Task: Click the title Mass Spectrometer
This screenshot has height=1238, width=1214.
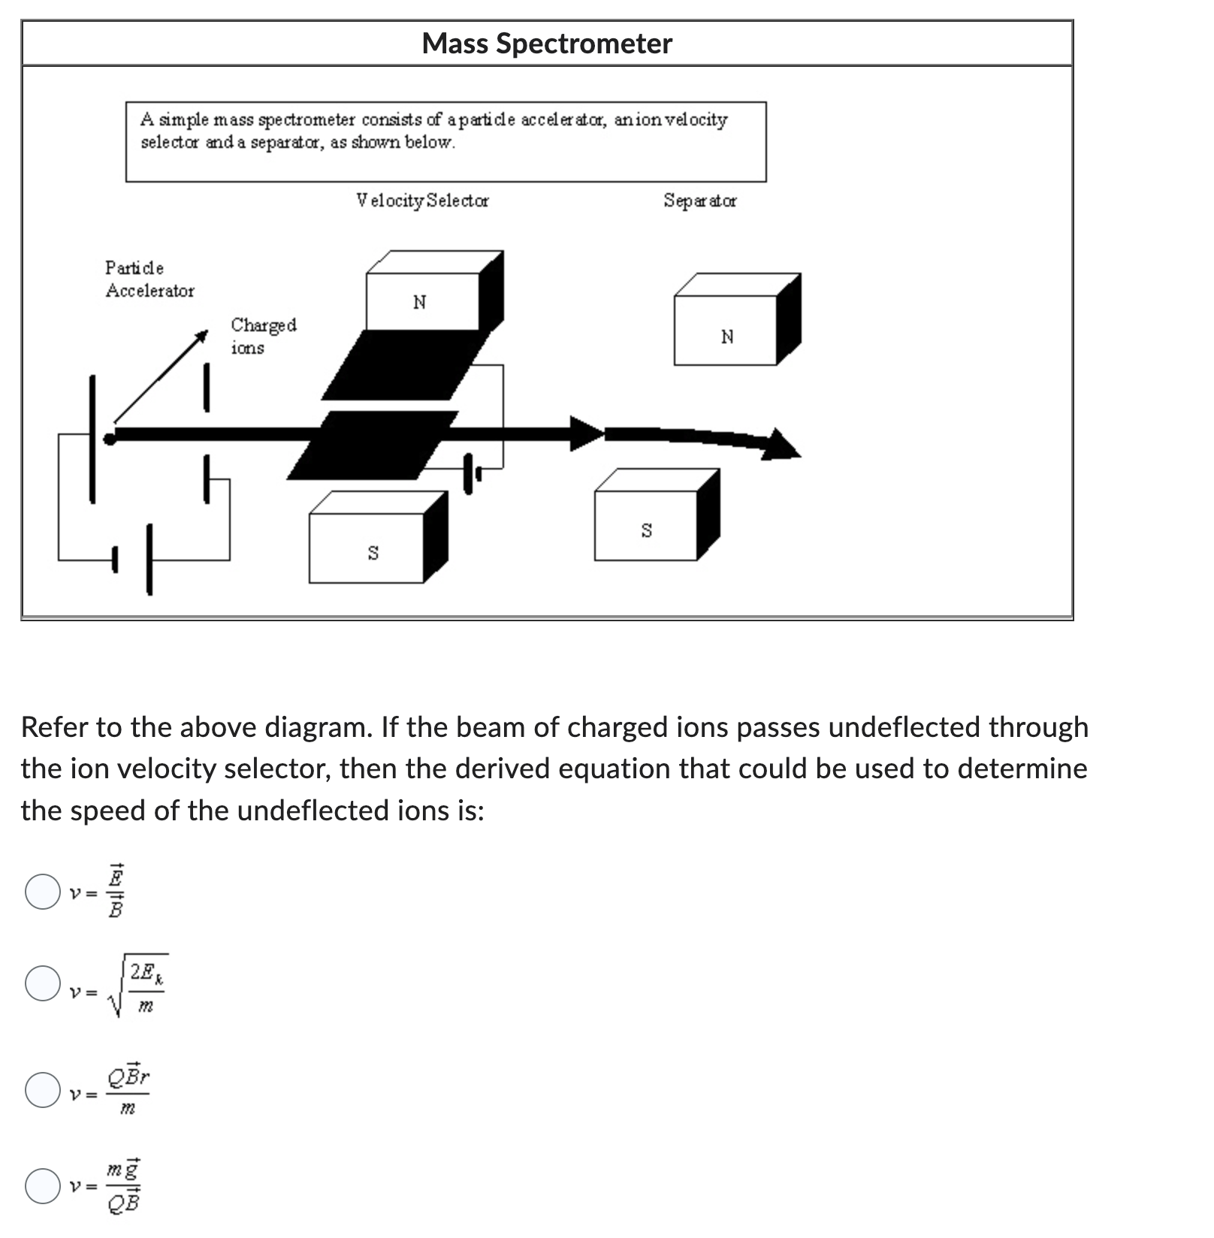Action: click(546, 44)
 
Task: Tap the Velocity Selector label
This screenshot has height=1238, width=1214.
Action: click(422, 201)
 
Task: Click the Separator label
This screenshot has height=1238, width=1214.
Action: click(699, 201)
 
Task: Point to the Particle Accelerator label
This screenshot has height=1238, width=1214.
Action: click(149, 279)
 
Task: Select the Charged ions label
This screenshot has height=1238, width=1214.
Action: click(263, 336)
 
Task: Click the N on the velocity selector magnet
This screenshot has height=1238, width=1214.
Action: click(419, 302)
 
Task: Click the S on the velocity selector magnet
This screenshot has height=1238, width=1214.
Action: click(373, 553)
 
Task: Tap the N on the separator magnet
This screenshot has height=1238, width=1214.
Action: click(726, 337)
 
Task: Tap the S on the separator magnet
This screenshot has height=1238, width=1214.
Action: click(646, 530)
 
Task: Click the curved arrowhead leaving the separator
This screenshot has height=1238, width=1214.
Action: click(781, 444)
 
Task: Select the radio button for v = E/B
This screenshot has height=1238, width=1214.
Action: click(43, 892)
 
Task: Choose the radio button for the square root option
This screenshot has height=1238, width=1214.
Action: click(43, 983)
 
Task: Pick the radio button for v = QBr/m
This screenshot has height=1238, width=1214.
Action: click(43, 1090)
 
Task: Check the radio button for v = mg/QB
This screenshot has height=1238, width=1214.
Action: click(43, 1185)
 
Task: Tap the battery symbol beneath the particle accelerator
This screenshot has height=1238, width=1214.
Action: click(134, 560)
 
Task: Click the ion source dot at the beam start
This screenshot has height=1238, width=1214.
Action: click(110, 438)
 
